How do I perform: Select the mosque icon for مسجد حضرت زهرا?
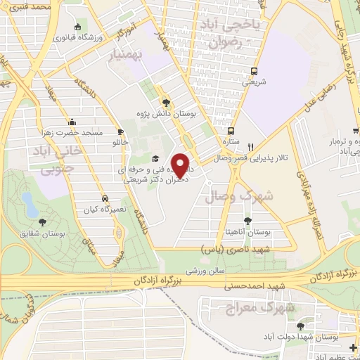click(x=72, y=122)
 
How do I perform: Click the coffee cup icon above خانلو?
click(x=121, y=131)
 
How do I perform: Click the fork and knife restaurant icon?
click(x=251, y=147)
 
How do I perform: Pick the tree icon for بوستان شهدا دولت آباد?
click(x=300, y=326)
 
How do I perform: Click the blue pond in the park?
click(x=30, y=204)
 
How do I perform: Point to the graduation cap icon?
click(x=155, y=159)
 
